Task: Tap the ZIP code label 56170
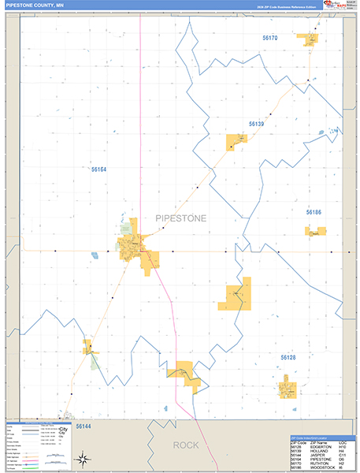point(270,38)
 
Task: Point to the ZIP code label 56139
point(256,124)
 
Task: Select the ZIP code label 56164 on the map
point(98,169)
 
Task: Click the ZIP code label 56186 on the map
point(314,213)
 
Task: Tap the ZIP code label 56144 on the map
point(84,426)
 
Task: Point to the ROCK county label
point(186,445)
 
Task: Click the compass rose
point(81,459)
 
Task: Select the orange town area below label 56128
point(288,386)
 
